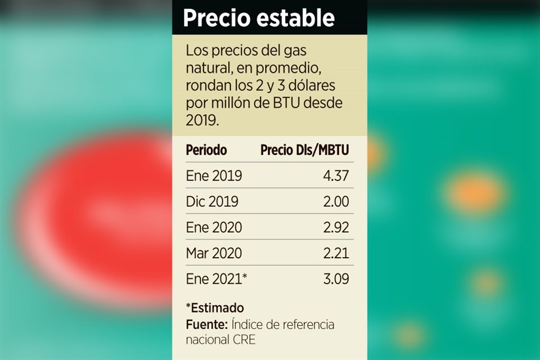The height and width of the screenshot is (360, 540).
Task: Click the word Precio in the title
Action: pyautogui.click(x=217, y=19)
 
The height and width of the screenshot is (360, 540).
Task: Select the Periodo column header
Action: pyautogui.click(x=206, y=150)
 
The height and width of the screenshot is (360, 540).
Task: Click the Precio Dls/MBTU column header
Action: pyautogui.click(x=305, y=150)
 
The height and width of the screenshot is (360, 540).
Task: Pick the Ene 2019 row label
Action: pyautogui.click(x=214, y=176)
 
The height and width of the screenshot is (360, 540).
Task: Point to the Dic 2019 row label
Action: pyautogui.click(x=212, y=201)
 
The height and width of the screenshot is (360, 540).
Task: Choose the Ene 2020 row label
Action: pyautogui.click(x=214, y=227)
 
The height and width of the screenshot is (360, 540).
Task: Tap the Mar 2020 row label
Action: pyautogui.click(x=214, y=253)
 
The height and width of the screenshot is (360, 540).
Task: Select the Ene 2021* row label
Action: pyautogui.click(x=217, y=278)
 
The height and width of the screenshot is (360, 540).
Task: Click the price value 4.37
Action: pyautogui.click(x=336, y=176)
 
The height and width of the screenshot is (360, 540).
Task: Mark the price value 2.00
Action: pyautogui.click(x=336, y=201)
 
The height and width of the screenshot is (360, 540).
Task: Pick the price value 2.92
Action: pyautogui.click(x=336, y=227)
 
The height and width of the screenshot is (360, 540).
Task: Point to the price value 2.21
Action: pyautogui.click(x=336, y=253)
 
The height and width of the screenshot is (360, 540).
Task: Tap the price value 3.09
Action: pyautogui.click(x=336, y=278)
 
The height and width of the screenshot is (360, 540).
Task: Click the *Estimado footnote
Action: pyautogui.click(x=215, y=308)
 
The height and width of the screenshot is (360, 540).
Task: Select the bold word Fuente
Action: pyautogui.click(x=205, y=325)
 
